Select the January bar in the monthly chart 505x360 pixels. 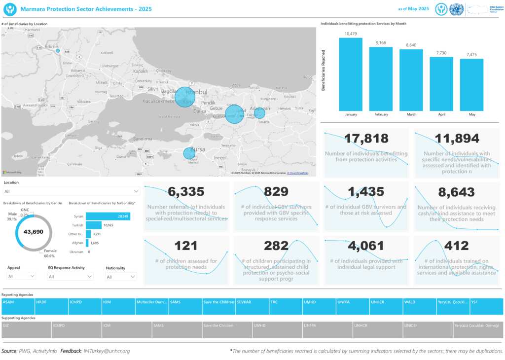click(351, 73)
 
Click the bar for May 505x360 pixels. click(471, 84)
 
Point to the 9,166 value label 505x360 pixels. click(381, 43)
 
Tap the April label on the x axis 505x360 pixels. click(441, 114)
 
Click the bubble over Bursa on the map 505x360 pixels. click(189, 153)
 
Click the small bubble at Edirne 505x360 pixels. click(58, 51)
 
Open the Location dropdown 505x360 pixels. click(72, 191)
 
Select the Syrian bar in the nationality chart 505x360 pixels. click(108, 216)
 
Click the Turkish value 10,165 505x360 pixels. click(108, 225)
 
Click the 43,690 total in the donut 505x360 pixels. click(34, 232)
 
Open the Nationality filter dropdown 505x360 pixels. click(120, 277)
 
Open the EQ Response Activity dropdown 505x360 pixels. click(71, 277)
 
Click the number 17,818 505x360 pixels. click(366, 139)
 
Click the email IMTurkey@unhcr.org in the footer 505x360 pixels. click(107, 351)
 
